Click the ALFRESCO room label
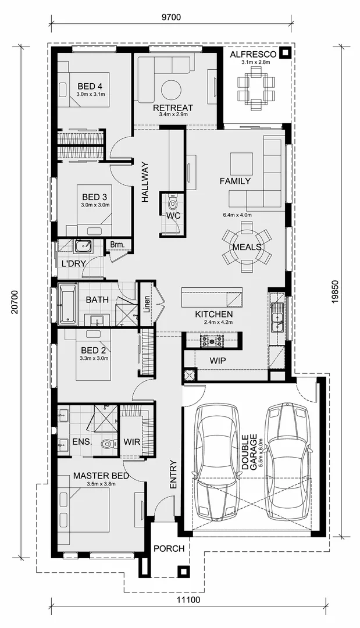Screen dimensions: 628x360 (252, 54)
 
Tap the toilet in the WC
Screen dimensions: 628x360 (172, 204)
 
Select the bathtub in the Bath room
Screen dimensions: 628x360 (68, 304)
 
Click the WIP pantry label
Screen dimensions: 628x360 (218, 361)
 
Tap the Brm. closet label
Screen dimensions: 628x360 (118, 245)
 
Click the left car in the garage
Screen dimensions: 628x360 (216, 462)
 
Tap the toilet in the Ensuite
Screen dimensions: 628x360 (105, 445)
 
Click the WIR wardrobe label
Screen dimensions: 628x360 (131, 442)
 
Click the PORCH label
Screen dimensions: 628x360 (169, 548)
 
